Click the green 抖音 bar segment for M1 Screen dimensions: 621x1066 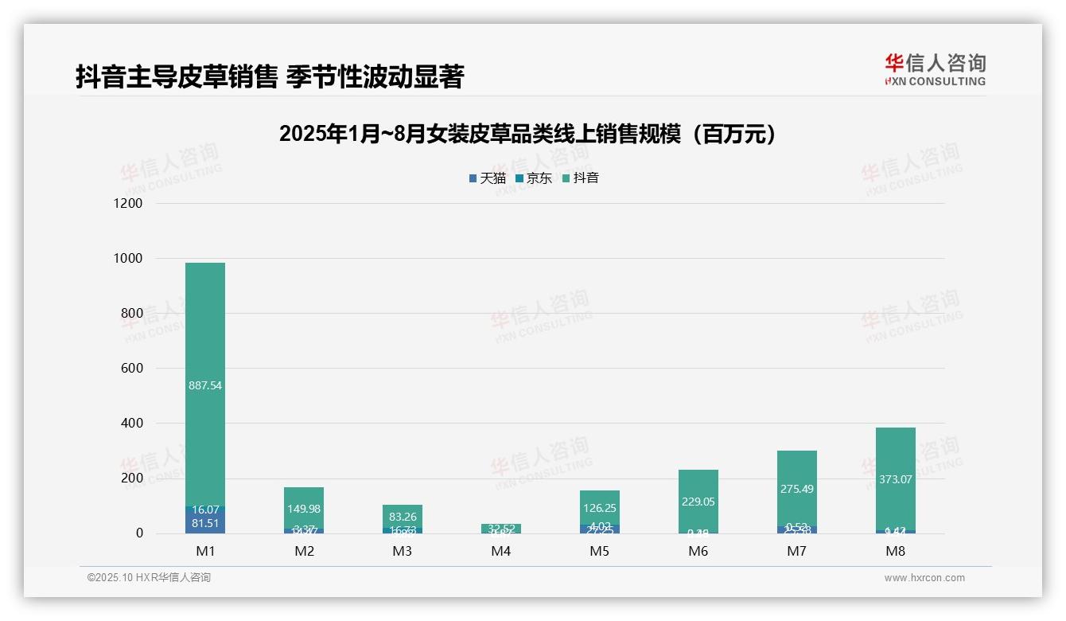[205, 334]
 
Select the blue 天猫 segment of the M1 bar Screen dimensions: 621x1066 [205, 522]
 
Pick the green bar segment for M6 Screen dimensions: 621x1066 [698, 486]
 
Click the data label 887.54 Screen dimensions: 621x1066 [205, 385]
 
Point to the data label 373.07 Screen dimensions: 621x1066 [895, 479]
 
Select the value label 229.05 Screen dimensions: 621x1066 [698, 502]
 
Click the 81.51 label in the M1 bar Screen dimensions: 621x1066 [205, 523]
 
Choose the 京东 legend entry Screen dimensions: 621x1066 [533, 178]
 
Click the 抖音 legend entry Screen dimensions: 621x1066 [580, 178]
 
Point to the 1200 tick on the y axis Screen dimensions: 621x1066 [127, 204]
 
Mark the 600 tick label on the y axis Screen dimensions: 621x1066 [130, 369]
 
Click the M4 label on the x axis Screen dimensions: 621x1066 [500, 552]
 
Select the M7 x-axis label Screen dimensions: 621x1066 [796, 552]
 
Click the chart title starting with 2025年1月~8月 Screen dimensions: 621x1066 [527, 135]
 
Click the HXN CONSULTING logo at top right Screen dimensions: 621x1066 [935, 70]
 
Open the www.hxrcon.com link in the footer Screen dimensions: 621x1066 [924, 578]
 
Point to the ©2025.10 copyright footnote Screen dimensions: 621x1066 [149, 578]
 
